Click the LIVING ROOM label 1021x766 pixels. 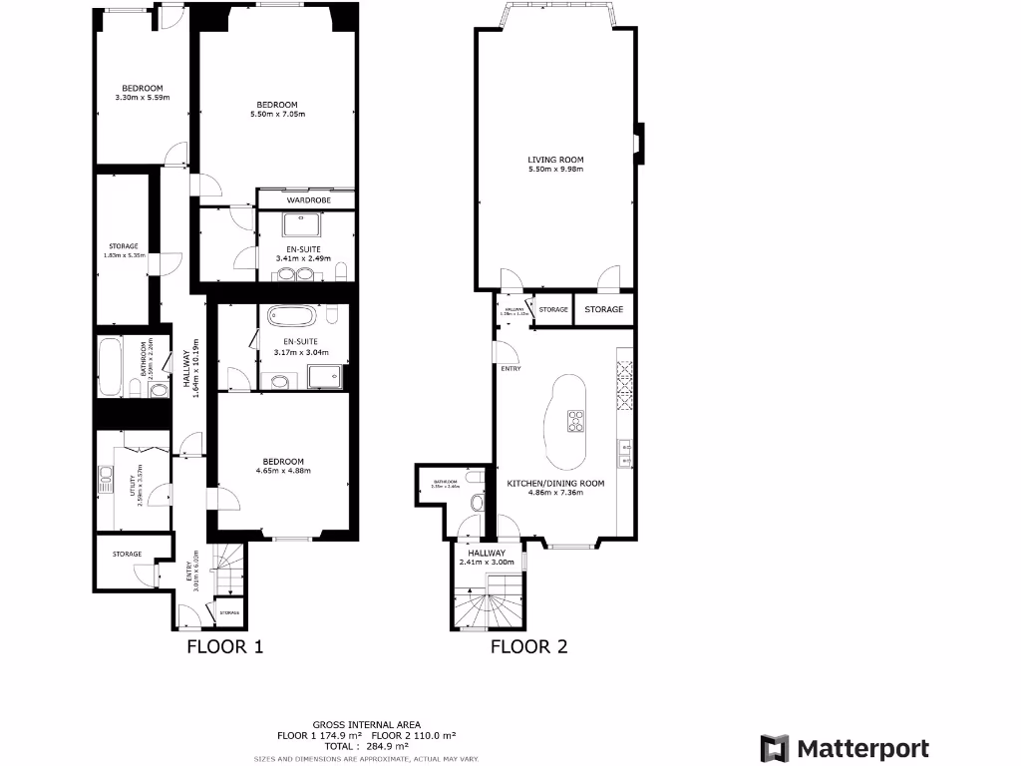click(555, 160)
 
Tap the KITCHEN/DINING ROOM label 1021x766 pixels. click(555, 483)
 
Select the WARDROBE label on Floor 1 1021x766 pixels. click(306, 200)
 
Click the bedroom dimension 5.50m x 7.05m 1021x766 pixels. click(276, 116)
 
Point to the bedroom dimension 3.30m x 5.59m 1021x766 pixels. click(143, 98)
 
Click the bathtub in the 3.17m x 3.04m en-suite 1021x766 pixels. click(292, 318)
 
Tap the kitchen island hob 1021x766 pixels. click(576, 422)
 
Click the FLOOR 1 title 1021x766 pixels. click(225, 646)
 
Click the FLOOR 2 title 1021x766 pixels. click(528, 646)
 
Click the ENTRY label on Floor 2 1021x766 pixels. click(510, 369)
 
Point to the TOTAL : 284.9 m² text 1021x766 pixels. click(367, 745)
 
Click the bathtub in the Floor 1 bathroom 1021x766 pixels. click(109, 367)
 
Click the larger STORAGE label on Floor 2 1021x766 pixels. click(603, 309)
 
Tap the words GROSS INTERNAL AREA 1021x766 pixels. click(367, 725)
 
